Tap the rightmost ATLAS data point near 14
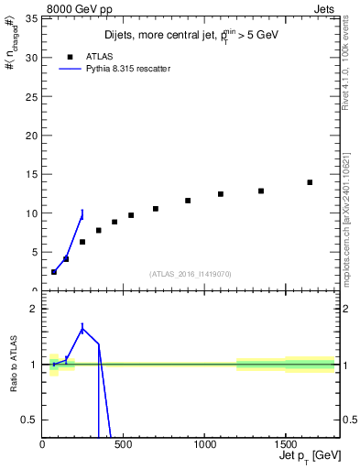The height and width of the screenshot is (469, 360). point(310,182)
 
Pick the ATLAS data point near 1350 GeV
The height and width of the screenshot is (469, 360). point(261,191)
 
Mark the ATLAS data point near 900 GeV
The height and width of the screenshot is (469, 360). point(188,201)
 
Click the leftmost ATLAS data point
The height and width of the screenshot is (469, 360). point(54,271)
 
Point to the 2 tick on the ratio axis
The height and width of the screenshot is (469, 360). point(34,309)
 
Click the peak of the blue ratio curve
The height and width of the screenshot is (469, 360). point(82,329)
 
